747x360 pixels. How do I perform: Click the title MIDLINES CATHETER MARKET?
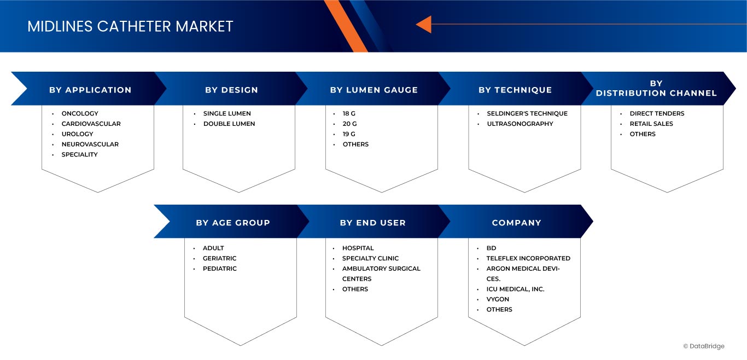(x=130, y=26)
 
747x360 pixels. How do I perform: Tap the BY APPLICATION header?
(x=90, y=90)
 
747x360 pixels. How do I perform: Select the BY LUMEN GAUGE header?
(x=373, y=90)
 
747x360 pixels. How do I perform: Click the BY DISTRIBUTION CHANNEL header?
(x=656, y=88)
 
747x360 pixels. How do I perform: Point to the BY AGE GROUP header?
(x=233, y=223)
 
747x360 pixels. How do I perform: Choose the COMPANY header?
(x=516, y=223)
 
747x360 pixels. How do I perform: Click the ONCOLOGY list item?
(x=80, y=114)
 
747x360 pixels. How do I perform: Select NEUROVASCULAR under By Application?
(x=90, y=144)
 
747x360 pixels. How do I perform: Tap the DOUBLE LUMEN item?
(x=229, y=124)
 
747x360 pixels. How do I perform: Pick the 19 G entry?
(x=349, y=134)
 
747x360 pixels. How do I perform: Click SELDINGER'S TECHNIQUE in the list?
(x=527, y=114)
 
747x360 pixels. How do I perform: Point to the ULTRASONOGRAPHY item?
(x=520, y=124)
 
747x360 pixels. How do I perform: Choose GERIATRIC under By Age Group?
(x=219, y=258)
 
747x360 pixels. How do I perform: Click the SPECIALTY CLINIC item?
(x=370, y=258)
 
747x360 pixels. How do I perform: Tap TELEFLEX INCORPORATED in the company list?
(x=528, y=258)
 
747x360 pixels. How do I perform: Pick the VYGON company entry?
(x=498, y=299)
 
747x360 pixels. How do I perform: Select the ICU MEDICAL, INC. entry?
(x=515, y=289)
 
